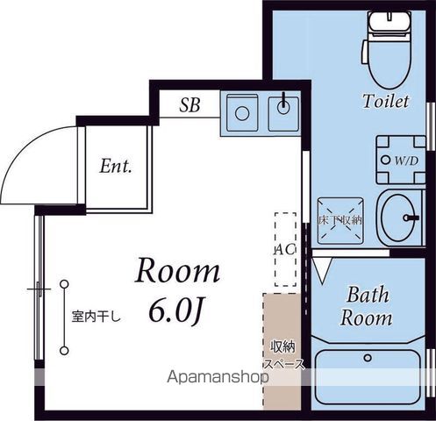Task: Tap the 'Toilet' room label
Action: point(386,102)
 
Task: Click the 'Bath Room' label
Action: point(367,306)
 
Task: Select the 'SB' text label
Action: point(189,106)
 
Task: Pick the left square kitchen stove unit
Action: point(240,111)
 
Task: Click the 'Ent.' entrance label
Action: point(115,166)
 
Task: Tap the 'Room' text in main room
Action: point(177,271)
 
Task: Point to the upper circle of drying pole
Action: point(64,283)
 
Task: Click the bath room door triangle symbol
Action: point(320,268)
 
